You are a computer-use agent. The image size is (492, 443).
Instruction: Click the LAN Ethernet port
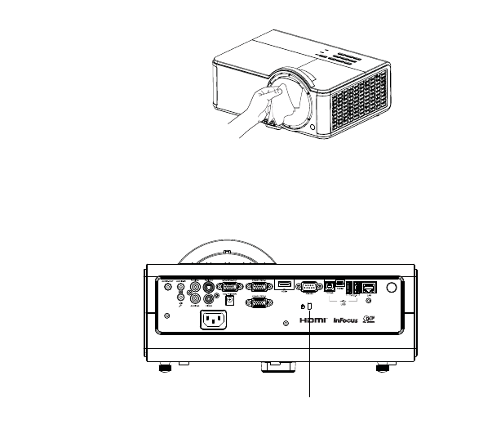[x=370, y=287]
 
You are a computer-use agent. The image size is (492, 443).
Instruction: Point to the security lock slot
[x=309, y=306]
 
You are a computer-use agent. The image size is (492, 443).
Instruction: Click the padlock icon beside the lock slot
[x=303, y=306]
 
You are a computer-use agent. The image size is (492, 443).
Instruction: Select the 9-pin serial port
[x=308, y=286]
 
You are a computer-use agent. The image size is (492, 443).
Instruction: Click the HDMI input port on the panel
[x=284, y=284]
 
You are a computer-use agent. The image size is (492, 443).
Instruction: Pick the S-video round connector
[x=210, y=286]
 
